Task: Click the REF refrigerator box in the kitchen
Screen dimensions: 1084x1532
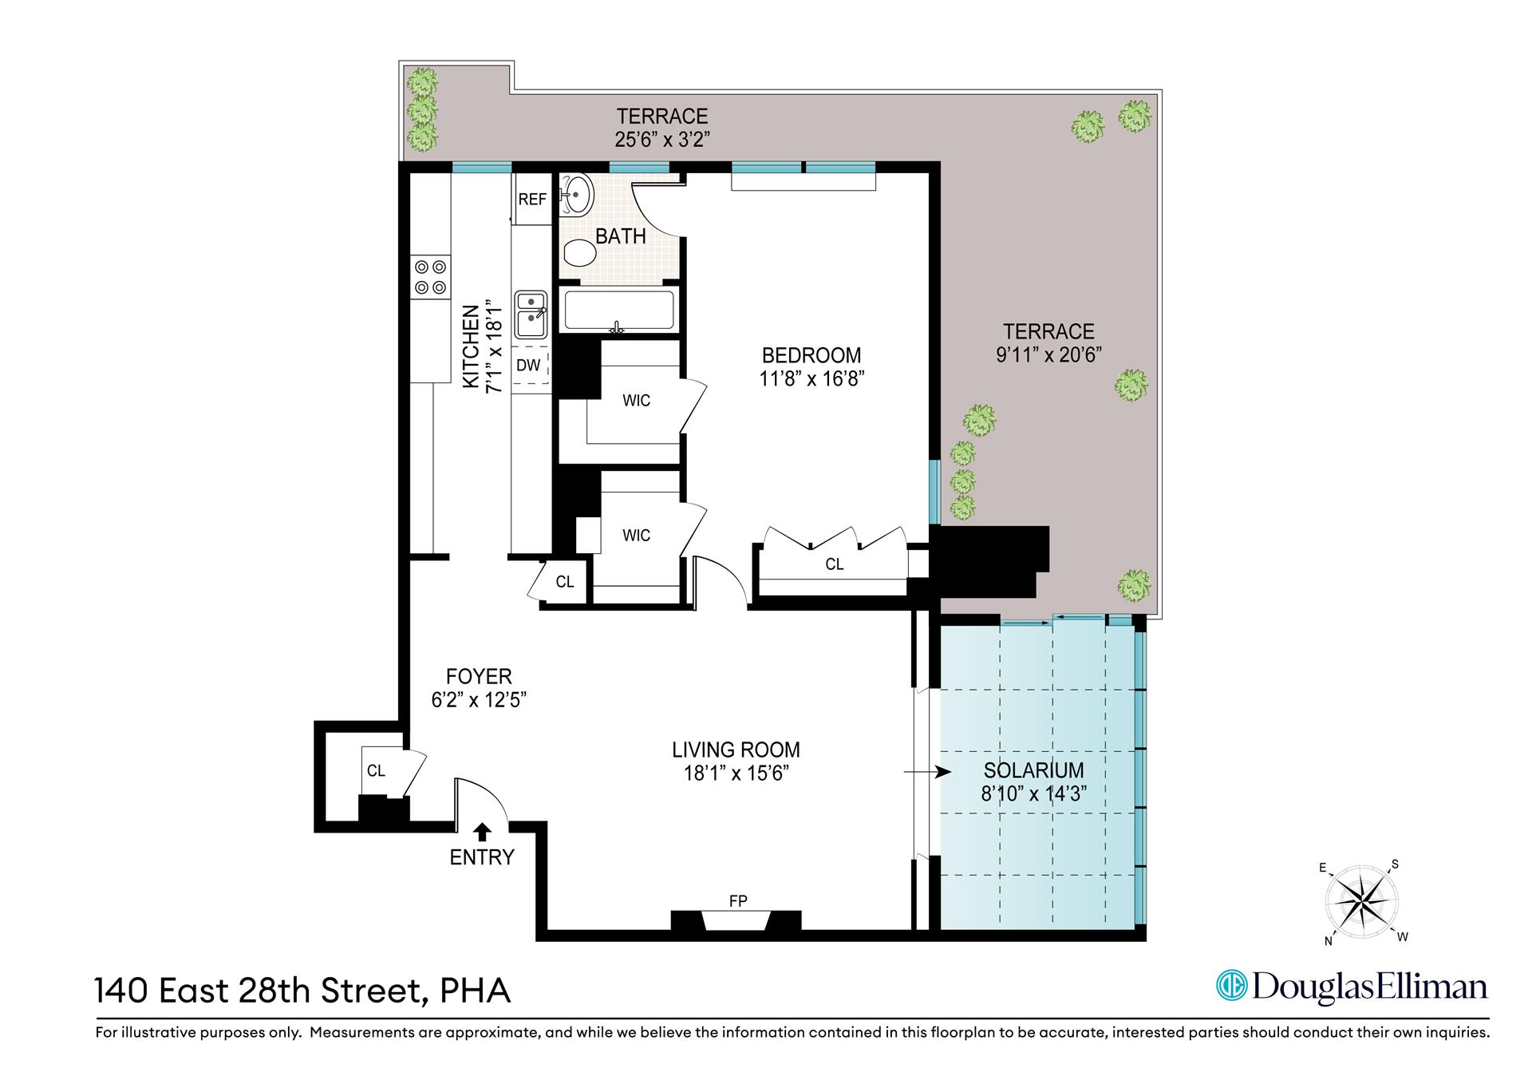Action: pos(532,199)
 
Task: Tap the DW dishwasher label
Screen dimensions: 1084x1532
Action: pos(528,366)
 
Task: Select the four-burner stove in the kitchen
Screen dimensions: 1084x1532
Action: pos(431,277)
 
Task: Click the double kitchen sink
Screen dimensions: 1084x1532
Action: pos(531,314)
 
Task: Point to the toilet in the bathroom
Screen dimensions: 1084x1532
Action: pos(580,254)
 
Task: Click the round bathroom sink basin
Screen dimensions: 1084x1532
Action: pos(577,194)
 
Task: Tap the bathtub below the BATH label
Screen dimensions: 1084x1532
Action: pos(618,311)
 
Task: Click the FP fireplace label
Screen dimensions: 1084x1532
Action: pos(738,901)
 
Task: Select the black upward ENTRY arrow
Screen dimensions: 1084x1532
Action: pos(481,832)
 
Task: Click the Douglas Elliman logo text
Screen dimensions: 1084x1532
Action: pos(1352,987)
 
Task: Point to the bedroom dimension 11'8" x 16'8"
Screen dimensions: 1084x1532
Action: pos(811,378)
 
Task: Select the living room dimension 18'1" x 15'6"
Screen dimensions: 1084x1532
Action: pos(736,773)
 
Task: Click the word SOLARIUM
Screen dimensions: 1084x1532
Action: pos(1033,770)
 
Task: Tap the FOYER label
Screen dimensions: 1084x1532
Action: pos(479,677)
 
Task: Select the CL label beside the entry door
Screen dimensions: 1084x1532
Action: pos(376,770)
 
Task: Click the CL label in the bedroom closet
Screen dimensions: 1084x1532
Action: pos(834,564)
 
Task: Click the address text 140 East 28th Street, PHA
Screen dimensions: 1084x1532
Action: pos(302,991)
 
